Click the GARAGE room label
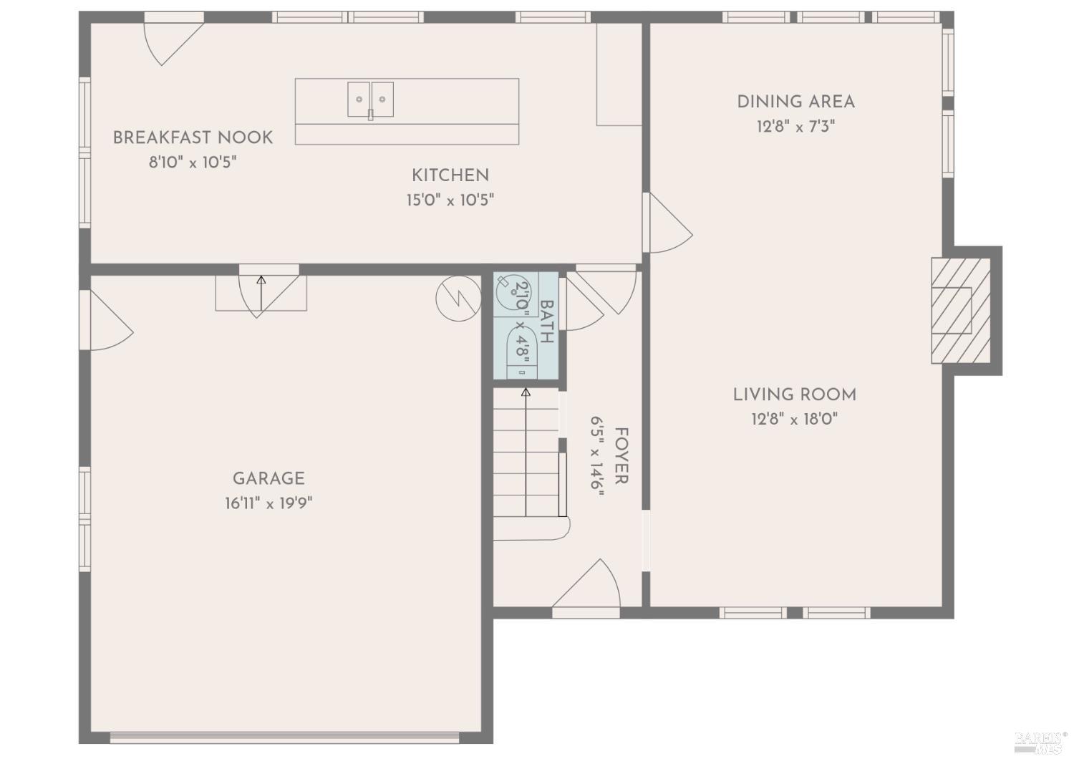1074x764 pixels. click(x=268, y=478)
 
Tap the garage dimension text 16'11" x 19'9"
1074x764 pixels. click(x=268, y=503)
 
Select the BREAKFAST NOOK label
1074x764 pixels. click(x=193, y=137)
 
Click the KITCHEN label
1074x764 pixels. click(x=450, y=175)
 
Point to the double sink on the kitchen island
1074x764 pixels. click(x=370, y=100)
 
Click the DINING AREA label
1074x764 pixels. click(x=795, y=102)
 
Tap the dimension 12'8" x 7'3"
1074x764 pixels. click(x=795, y=127)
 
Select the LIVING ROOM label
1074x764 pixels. click(x=794, y=395)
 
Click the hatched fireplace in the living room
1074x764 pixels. click(x=960, y=311)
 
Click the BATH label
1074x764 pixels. click(x=546, y=321)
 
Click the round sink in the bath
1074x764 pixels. click(x=515, y=291)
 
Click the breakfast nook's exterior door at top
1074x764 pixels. click(x=172, y=39)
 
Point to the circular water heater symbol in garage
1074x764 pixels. click(x=458, y=298)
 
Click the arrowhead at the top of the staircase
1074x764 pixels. click(x=526, y=392)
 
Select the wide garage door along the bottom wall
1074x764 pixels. click(x=284, y=736)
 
